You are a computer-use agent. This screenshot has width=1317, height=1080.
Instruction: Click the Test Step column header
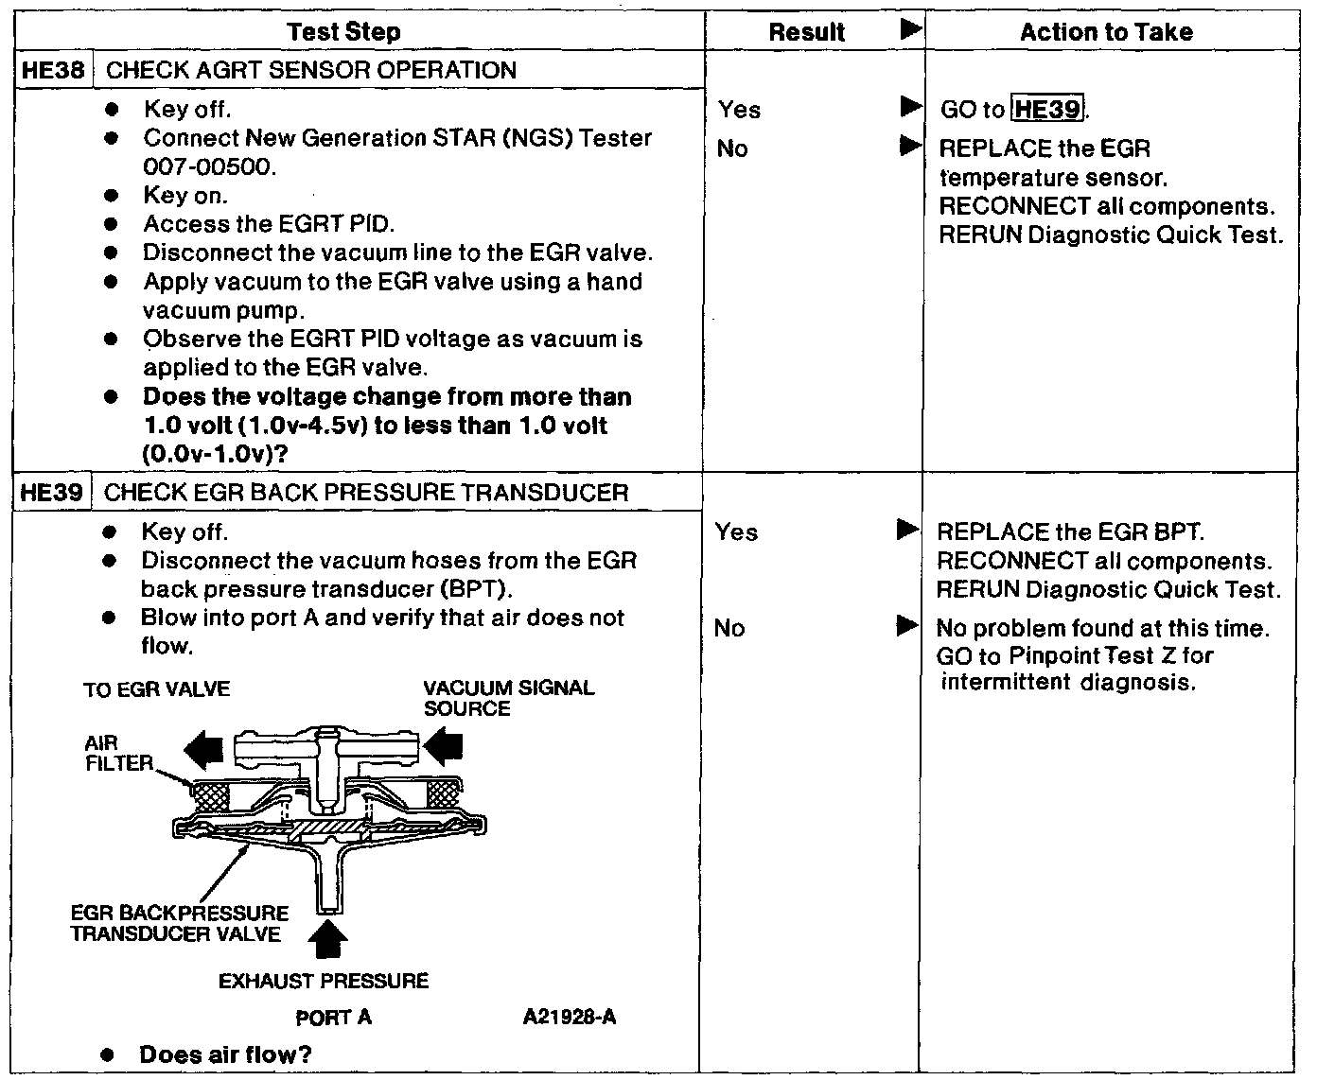(343, 32)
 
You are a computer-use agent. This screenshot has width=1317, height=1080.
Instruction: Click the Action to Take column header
(1106, 32)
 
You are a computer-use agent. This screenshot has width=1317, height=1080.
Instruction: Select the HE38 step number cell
(55, 70)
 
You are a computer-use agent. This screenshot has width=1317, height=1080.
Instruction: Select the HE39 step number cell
(55, 493)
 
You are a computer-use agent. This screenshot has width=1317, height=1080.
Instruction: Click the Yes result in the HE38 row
(739, 110)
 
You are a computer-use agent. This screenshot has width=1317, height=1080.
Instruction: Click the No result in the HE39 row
(729, 628)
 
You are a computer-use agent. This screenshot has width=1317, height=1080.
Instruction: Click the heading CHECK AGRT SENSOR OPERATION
(312, 70)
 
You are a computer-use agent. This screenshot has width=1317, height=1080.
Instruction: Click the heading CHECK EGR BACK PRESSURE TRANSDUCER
(366, 493)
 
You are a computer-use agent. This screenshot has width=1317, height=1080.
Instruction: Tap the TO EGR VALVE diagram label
(156, 689)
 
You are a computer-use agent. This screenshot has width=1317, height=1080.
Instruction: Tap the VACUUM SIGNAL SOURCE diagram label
(508, 698)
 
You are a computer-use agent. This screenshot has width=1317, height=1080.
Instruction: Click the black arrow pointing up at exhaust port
(328, 938)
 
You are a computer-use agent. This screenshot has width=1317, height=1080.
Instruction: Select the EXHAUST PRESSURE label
(324, 981)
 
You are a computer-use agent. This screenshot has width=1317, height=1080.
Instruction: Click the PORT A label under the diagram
(333, 1018)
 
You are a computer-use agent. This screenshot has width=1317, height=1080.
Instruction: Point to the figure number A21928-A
(570, 1018)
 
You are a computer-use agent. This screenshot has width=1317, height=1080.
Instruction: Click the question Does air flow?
(225, 1054)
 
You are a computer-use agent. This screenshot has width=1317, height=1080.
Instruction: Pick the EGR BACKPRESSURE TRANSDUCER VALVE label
(180, 924)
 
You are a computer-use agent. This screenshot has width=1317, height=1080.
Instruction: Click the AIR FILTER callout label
(116, 754)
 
